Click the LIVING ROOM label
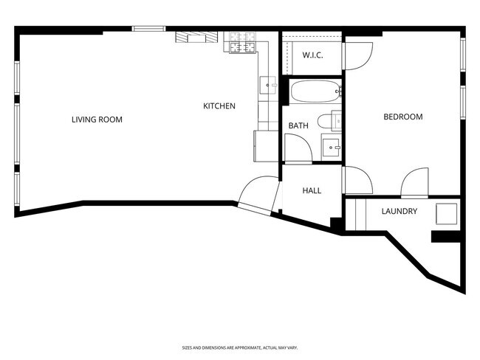(97, 120)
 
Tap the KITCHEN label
(219, 105)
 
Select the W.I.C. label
(312, 55)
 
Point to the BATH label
(298, 125)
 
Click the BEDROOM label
(403, 117)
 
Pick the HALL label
(312, 190)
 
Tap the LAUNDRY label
(400, 211)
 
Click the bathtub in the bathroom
(315, 91)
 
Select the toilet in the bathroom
(329, 121)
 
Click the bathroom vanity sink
(331, 147)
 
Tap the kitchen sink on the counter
(268, 85)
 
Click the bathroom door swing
(298, 148)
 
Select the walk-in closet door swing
(357, 56)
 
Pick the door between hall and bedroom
(357, 180)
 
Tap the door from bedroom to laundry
(414, 181)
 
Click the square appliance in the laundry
(446, 214)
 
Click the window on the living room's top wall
(148, 29)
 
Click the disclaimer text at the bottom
(240, 347)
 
